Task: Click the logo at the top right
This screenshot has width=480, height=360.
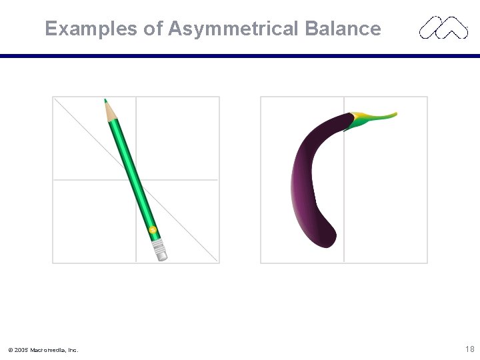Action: (443, 28)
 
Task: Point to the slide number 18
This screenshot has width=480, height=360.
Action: (469, 349)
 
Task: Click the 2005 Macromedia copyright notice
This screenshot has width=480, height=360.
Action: (43, 349)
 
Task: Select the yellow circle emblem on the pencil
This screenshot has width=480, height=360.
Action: (153, 230)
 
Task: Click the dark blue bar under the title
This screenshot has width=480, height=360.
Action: (240, 56)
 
